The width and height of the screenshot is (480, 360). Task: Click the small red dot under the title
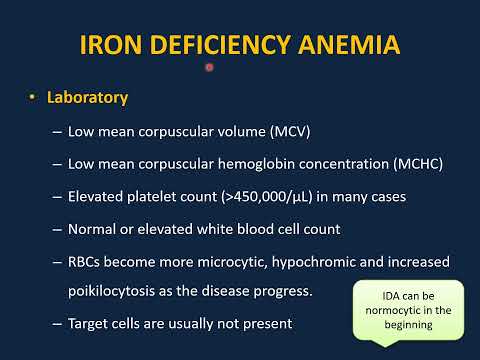(209, 67)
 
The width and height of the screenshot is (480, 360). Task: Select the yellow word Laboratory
(88, 100)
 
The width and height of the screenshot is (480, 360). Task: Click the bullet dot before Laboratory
(32, 100)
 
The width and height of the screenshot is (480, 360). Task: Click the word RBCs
(87, 261)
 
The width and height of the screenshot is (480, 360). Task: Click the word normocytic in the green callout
(394, 312)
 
